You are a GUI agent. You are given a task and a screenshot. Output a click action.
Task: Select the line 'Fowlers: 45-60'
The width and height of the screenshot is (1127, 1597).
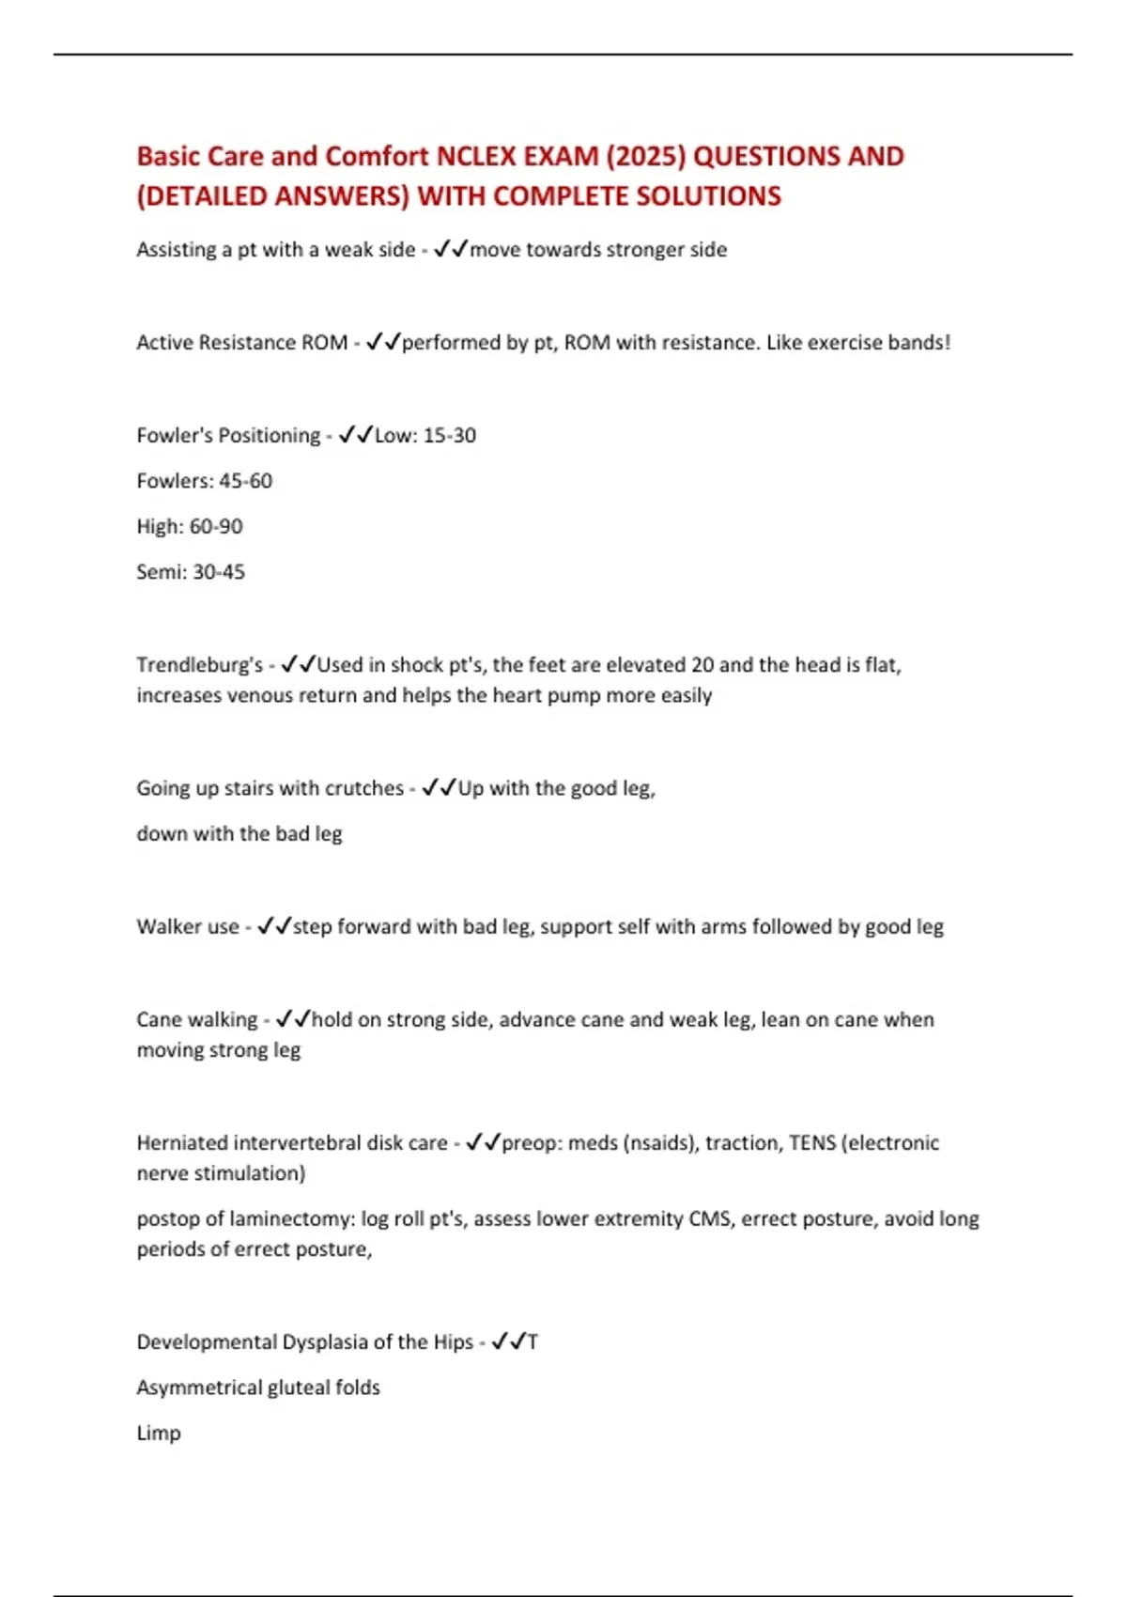pyautogui.click(x=204, y=481)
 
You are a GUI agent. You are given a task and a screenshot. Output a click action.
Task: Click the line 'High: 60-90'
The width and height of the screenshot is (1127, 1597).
pyautogui.click(x=189, y=526)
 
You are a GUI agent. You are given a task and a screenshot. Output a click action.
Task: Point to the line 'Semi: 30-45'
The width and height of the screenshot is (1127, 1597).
pyautogui.click(x=190, y=572)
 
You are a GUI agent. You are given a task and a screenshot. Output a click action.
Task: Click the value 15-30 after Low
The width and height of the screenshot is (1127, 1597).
pyautogui.click(x=450, y=436)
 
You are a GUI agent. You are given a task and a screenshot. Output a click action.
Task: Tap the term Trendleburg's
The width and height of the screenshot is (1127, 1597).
pyautogui.click(x=199, y=665)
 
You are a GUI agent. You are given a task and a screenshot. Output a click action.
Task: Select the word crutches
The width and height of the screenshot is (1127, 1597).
pyautogui.click(x=363, y=788)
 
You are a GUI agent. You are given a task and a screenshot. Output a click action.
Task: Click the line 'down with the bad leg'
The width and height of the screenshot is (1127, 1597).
pyautogui.click(x=239, y=834)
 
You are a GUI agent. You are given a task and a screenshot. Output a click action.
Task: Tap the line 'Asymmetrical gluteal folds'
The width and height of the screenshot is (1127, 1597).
pyautogui.click(x=257, y=1388)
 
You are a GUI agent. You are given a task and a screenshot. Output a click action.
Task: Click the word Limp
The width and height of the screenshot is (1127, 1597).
pyautogui.click(x=158, y=1434)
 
